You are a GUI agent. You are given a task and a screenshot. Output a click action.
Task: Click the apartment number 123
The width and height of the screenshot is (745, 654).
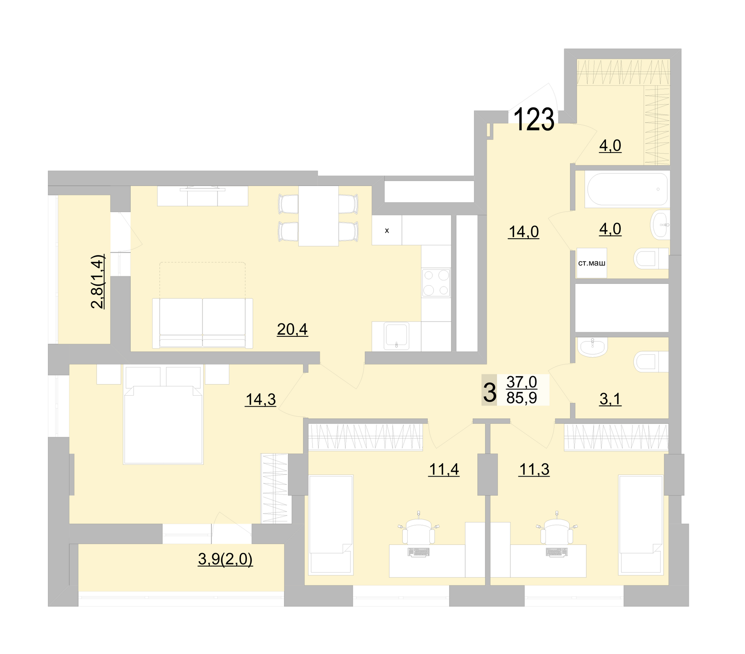(533, 119)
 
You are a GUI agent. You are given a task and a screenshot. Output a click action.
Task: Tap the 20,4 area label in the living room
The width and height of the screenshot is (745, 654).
(292, 329)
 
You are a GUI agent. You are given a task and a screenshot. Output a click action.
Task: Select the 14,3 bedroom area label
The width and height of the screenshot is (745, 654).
(260, 399)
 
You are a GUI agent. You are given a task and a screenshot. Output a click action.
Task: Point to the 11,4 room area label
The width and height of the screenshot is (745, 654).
(444, 470)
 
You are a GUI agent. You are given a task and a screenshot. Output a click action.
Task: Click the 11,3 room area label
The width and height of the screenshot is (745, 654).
(534, 470)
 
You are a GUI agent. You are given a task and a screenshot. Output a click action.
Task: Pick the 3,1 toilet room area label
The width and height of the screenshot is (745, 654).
(610, 399)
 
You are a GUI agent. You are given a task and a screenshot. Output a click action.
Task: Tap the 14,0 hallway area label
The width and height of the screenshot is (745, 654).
(523, 232)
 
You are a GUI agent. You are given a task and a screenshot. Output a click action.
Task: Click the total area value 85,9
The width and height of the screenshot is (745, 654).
(521, 398)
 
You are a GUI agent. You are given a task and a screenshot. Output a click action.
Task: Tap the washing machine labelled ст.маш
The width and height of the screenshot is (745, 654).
(591, 263)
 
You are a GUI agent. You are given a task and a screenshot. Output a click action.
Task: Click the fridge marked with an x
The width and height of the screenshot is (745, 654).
(386, 231)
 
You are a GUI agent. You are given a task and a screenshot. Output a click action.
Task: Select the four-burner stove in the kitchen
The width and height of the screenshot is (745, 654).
(436, 282)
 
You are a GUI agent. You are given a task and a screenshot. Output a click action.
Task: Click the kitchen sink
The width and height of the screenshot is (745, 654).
(396, 336)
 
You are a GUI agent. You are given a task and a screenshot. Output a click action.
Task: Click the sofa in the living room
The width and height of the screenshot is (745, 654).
(202, 323)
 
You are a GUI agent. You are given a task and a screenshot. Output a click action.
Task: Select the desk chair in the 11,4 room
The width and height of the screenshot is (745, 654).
(418, 532)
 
